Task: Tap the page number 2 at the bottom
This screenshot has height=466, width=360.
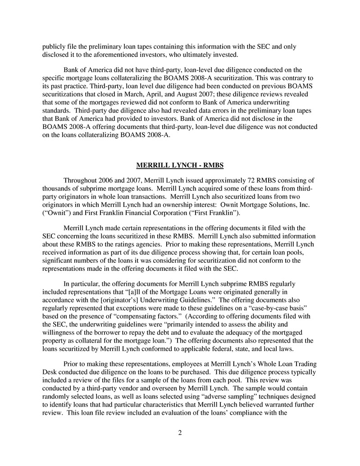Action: click(x=180, y=433)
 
